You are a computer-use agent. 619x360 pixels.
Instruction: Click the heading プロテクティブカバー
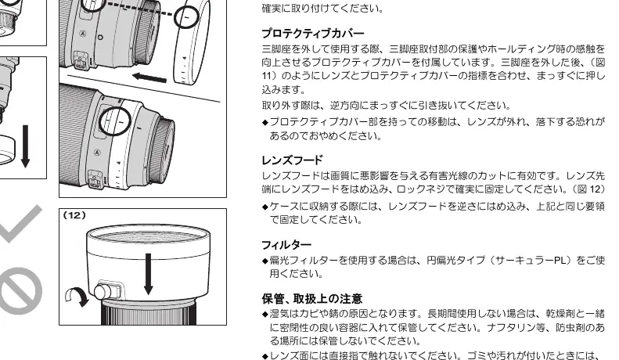pos(313,33)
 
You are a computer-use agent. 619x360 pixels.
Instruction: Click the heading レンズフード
pos(292,160)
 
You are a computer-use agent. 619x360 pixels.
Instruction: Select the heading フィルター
pos(286,245)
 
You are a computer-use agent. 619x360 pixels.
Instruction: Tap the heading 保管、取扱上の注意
pos(312,298)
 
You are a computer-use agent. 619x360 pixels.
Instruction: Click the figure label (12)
pos(74,215)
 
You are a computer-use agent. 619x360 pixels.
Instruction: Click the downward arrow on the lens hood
pos(149,274)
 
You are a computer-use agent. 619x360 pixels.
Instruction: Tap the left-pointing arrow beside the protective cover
pos(149,77)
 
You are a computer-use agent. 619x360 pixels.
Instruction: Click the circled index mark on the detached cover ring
pos(186,17)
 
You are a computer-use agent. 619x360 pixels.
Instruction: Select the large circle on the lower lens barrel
pos(114,121)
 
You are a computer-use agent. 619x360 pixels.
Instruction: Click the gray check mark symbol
pos(20,223)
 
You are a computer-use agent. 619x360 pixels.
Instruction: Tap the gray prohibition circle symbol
pos(20,291)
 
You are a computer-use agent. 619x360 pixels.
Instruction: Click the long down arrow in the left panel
pos(25,146)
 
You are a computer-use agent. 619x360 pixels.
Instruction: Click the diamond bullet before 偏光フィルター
pos(265,261)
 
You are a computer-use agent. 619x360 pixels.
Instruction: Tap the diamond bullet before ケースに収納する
pos(265,207)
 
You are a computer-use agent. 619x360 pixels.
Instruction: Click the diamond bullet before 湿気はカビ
pos(265,314)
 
